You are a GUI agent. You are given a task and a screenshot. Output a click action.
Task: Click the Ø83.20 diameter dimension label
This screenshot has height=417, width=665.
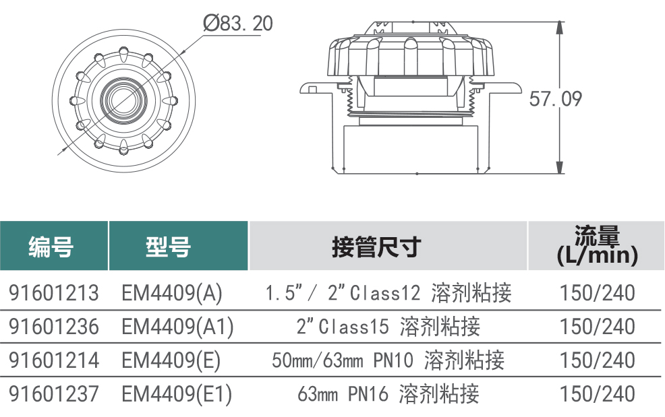point(238,23)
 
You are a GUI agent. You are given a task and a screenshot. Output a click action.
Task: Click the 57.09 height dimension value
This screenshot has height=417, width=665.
point(556,99)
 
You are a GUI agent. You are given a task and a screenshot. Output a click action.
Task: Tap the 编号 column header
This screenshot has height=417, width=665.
point(51,247)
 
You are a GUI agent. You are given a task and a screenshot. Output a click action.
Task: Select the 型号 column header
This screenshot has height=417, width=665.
point(169,247)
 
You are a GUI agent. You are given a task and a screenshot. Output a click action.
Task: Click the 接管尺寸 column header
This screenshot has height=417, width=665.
point(376,247)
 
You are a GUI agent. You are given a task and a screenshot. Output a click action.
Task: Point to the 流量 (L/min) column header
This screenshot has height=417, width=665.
point(597,246)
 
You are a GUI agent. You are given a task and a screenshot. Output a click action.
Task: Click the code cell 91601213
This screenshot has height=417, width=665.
point(54,293)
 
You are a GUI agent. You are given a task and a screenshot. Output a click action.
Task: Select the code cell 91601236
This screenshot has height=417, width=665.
point(54,327)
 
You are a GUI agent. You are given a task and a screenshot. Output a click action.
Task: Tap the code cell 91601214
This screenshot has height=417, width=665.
point(54,360)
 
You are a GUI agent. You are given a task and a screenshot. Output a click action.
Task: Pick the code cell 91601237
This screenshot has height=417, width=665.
point(54,393)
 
